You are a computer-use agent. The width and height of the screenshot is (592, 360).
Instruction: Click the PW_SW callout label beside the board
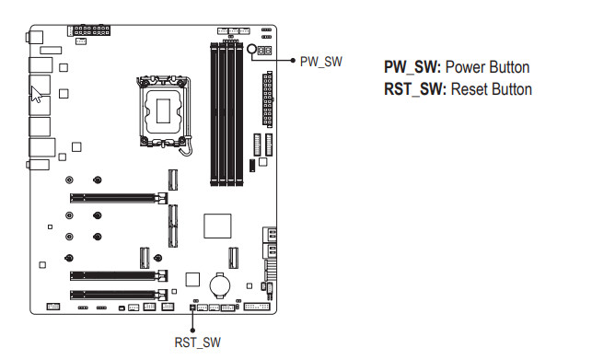tap(321, 62)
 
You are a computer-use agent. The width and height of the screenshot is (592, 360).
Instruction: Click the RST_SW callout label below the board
tap(197, 343)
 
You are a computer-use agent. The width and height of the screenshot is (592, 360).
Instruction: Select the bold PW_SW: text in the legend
tap(412, 67)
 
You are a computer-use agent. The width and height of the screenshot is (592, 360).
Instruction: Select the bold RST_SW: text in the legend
tap(415, 90)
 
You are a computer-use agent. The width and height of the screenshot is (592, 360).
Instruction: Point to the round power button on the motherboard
tap(252, 49)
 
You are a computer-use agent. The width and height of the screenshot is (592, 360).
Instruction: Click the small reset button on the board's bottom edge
tap(192, 308)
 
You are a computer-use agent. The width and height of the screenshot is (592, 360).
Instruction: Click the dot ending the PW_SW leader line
tap(293, 61)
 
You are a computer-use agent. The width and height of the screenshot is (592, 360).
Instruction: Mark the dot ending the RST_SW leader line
tap(192, 331)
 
